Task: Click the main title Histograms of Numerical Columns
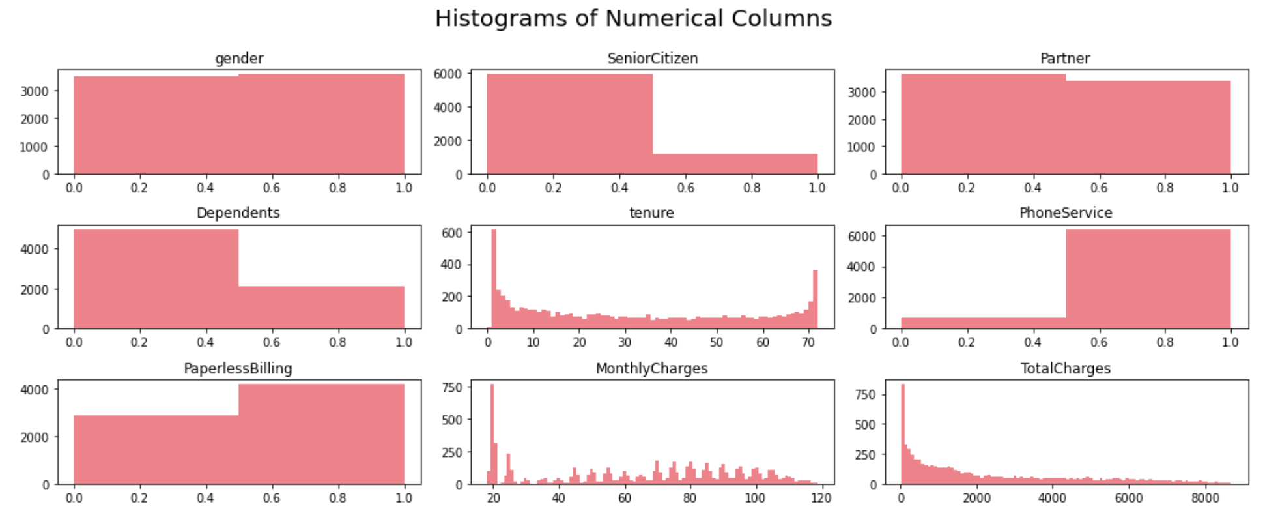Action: click(x=633, y=19)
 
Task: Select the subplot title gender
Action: click(x=239, y=59)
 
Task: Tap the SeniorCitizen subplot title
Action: click(x=653, y=59)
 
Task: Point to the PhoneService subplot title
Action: click(x=1066, y=213)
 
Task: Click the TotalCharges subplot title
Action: click(x=1066, y=369)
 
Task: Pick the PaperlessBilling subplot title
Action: click(x=238, y=369)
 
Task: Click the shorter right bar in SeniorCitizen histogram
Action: click(x=735, y=164)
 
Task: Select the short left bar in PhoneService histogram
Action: click(x=984, y=323)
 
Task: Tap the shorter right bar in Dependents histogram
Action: click(x=321, y=308)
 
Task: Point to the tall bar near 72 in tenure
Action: click(x=815, y=300)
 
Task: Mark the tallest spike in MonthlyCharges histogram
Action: click(x=492, y=434)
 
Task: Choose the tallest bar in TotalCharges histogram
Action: click(x=903, y=434)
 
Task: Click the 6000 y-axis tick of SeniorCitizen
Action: click(x=448, y=74)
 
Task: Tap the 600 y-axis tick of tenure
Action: click(x=452, y=233)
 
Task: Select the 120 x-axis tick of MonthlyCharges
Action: click(x=821, y=498)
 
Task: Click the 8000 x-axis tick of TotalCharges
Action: click(x=1204, y=498)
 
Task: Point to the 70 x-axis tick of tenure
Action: click(x=808, y=342)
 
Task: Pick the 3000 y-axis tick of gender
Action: click(x=35, y=91)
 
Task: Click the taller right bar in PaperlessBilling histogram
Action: click(x=321, y=434)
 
